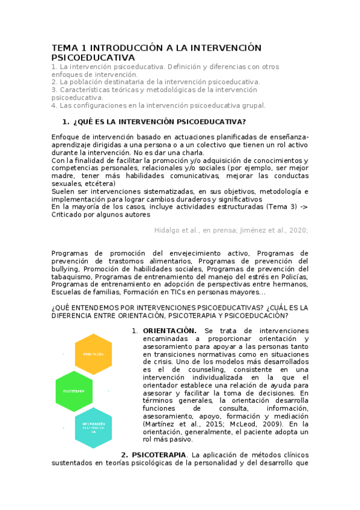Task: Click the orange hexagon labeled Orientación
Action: (x=93, y=354)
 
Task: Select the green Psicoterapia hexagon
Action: (x=74, y=391)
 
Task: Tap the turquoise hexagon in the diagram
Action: (x=94, y=428)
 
